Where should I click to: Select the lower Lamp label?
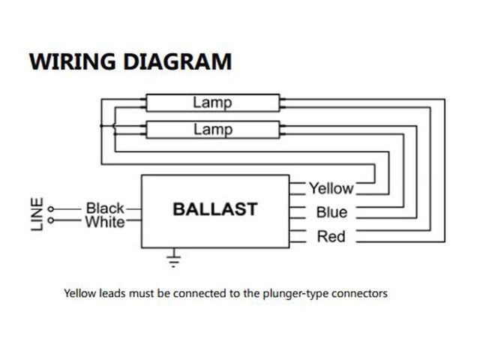[212, 129]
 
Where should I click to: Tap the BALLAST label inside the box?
[214, 209]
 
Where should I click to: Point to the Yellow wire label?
[331, 187]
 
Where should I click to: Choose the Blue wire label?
[331, 212]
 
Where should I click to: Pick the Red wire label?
[331, 237]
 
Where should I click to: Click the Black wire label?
[105, 208]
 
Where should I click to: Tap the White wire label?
[105, 222]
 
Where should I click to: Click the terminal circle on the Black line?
[50, 208]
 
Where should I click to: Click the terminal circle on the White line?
[50, 220]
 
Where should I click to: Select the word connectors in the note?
[360, 293]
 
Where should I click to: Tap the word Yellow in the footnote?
[79, 293]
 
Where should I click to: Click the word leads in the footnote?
[113, 293]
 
